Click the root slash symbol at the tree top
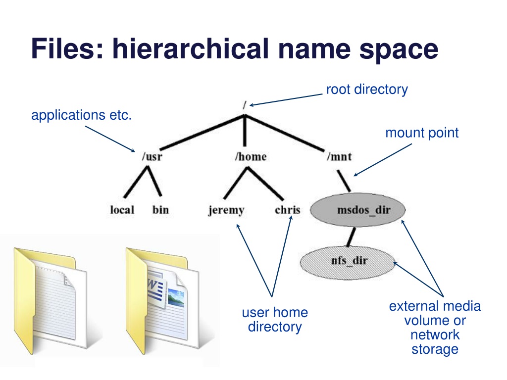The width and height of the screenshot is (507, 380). (245, 105)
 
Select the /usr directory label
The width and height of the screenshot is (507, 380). (152, 157)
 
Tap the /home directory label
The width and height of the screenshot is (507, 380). (251, 157)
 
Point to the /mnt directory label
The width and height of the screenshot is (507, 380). (339, 157)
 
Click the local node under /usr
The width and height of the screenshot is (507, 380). (122, 210)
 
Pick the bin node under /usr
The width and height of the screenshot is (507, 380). (160, 210)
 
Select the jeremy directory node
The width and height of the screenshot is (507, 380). (226, 210)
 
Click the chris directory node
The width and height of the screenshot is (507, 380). (288, 210)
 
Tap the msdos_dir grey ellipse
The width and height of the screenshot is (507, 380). (358, 210)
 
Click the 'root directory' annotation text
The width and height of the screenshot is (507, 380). (367, 90)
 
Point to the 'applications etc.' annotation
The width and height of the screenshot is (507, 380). (81, 115)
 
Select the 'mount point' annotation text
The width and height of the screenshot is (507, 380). (422, 133)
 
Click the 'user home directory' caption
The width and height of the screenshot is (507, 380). (275, 320)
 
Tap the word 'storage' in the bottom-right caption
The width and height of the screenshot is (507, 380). (435, 349)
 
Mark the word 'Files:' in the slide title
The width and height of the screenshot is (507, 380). (67, 49)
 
